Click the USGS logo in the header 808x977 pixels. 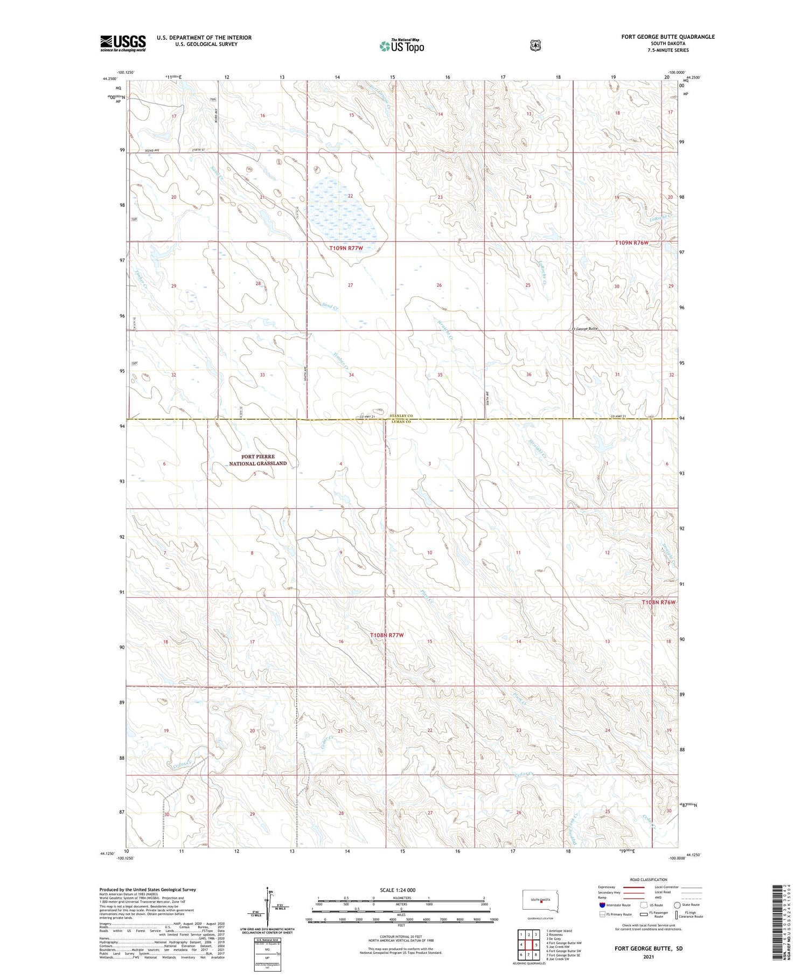(123, 43)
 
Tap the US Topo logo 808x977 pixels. (401, 46)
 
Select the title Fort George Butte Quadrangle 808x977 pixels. (668, 37)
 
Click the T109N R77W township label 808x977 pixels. (346, 248)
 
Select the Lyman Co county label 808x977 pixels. (400, 422)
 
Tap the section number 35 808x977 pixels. (440, 375)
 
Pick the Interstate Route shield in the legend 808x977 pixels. (602, 905)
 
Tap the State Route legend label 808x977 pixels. (691, 905)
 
